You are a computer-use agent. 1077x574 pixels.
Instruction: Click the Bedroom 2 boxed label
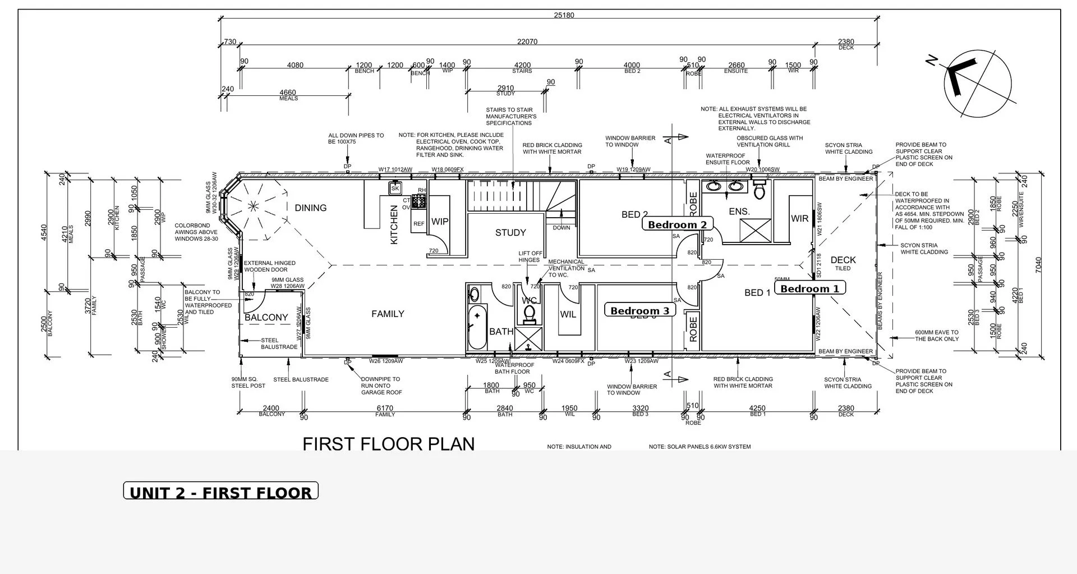[677, 224]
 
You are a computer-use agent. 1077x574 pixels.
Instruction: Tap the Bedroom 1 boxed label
[809, 288]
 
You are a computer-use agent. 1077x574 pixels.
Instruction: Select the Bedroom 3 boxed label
[639, 310]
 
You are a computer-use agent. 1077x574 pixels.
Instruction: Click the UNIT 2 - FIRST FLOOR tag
[220, 492]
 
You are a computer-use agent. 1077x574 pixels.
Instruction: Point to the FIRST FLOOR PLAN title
[388, 444]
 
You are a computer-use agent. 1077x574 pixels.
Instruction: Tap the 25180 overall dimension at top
[564, 15]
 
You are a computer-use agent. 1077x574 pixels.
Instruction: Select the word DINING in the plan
[310, 208]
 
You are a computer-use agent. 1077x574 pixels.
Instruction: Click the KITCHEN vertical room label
[394, 224]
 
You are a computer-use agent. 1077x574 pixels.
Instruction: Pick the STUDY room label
[510, 232]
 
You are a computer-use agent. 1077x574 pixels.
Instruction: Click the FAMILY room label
[388, 314]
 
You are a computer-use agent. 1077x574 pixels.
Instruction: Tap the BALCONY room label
[266, 317]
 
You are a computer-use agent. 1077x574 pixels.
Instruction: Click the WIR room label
[799, 218]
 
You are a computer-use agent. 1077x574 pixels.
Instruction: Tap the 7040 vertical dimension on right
[1038, 265]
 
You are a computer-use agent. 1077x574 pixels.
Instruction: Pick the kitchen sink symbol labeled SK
[395, 189]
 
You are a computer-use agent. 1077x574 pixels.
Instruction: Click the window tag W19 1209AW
[633, 169]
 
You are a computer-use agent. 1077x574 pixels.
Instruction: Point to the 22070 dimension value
[527, 42]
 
